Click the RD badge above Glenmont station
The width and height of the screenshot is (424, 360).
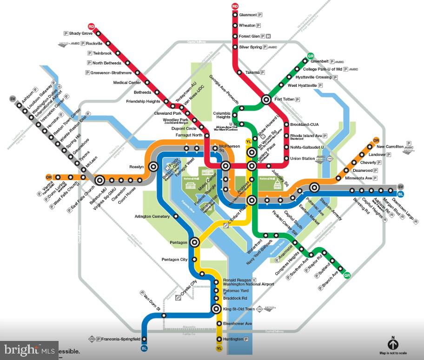pyautogui.click(x=235, y=6)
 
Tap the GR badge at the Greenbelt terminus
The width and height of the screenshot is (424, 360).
pyautogui.click(x=311, y=57)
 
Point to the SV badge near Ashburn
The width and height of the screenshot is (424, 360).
pyautogui.click(x=13, y=99)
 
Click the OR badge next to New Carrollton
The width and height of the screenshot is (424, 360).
pyautogui.click(x=376, y=140)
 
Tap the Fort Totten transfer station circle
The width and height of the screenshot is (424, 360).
pyautogui.click(x=266, y=99)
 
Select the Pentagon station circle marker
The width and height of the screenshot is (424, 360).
pyautogui.click(x=194, y=242)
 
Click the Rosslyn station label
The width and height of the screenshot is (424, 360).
pyautogui.click(x=137, y=167)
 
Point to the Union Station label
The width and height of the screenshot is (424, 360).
pyautogui.click(x=302, y=159)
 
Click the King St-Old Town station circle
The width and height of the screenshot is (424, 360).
pyautogui.click(x=216, y=309)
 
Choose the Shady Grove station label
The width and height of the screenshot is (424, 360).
pyautogui.click(x=81, y=33)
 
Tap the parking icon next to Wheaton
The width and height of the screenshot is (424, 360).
pyautogui.click(x=258, y=26)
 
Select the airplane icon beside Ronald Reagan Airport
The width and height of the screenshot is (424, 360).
pyautogui.click(x=254, y=280)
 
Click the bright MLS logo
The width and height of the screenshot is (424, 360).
pyautogui.click(x=29, y=349)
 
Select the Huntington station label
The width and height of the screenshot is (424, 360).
pyautogui.click(x=232, y=339)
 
